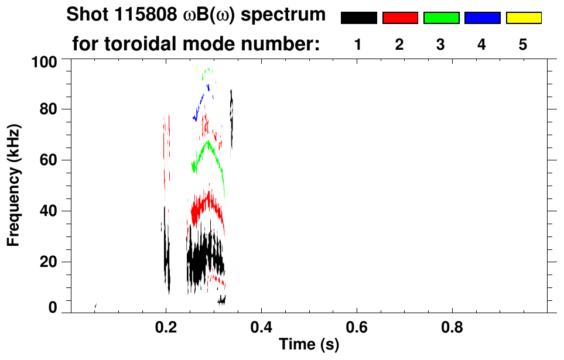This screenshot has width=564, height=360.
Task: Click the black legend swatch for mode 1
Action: pyautogui.click(x=358, y=18)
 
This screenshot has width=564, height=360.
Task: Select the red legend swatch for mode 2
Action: pyautogui.click(x=400, y=18)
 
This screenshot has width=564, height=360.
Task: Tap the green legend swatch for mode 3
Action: pyautogui.click(x=441, y=18)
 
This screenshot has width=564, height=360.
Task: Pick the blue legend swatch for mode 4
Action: pyautogui.click(x=482, y=18)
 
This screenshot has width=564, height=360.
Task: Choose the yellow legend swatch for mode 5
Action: pyautogui.click(x=523, y=18)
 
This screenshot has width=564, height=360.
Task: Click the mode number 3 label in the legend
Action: pyautogui.click(x=441, y=44)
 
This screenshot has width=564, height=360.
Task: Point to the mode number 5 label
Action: pyautogui.click(x=523, y=44)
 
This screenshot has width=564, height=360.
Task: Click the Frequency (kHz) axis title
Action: pyautogui.click(x=14, y=185)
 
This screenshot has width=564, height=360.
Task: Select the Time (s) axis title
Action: pyautogui.click(x=309, y=345)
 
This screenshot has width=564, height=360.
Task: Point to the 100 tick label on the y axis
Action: pyautogui.click(x=44, y=61)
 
